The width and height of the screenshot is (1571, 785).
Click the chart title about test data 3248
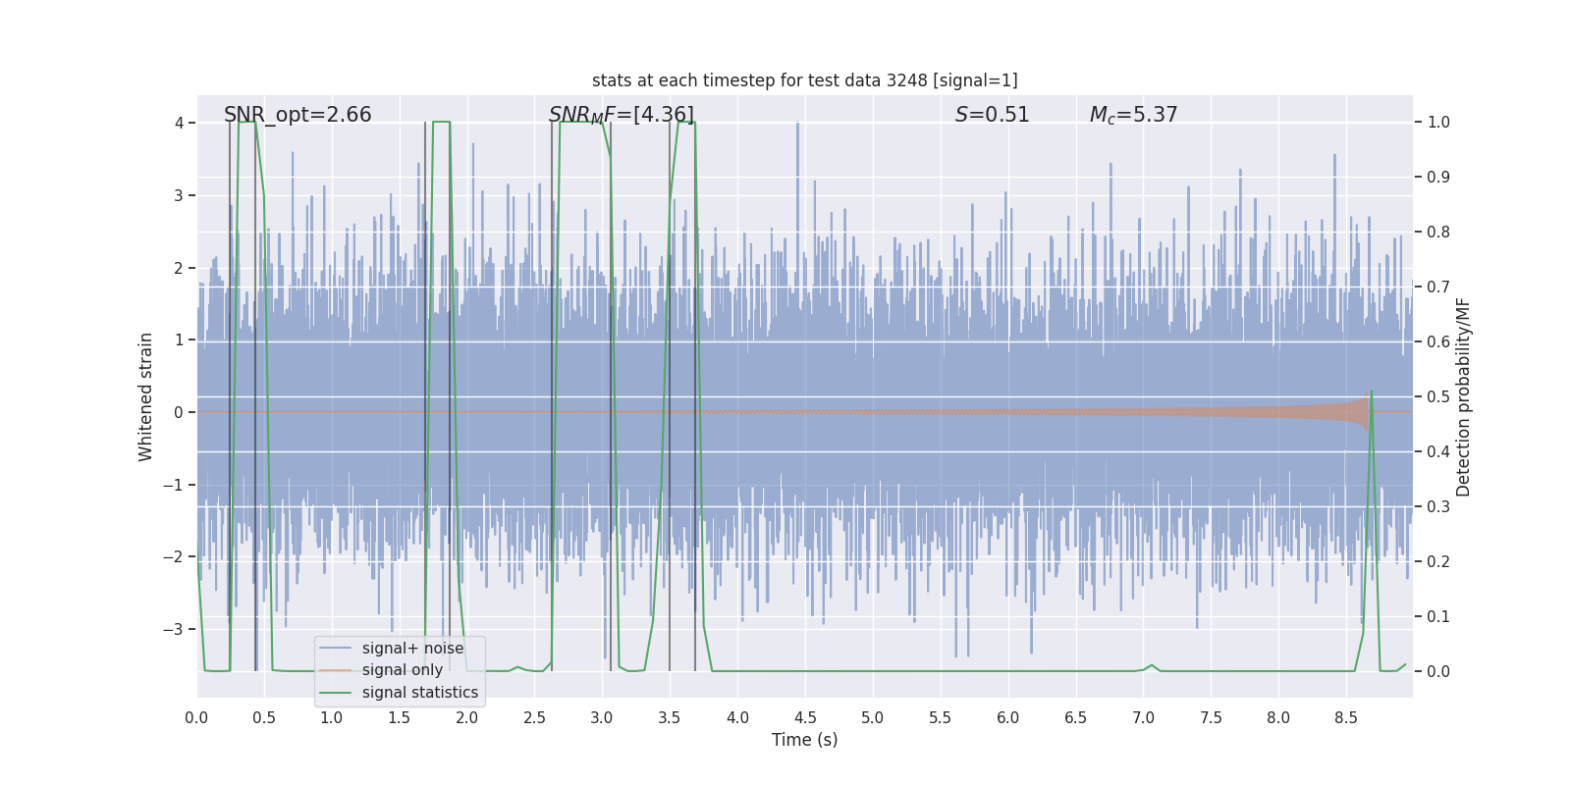(804, 80)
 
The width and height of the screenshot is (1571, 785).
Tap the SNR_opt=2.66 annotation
(298, 115)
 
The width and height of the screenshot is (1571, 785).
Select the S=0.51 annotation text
(992, 115)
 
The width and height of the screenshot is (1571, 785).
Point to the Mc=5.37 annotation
(1133, 115)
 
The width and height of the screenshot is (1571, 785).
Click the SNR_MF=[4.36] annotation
(621, 115)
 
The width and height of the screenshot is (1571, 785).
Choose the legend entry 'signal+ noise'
(412, 649)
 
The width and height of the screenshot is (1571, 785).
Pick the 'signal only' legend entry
(402, 670)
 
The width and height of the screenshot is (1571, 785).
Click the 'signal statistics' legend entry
(419, 693)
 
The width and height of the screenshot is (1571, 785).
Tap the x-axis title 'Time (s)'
(804, 740)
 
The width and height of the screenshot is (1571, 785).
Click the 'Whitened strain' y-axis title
(146, 396)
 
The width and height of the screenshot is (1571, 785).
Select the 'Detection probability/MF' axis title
(1463, 396)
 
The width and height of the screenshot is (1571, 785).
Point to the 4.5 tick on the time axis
(805, 718)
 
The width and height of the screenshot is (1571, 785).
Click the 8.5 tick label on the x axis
(1346, 718)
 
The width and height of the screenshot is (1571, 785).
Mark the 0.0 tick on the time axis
(196, 718)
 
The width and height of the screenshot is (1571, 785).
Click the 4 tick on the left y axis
(179, 123)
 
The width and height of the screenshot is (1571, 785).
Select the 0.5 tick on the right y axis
(1438, 396)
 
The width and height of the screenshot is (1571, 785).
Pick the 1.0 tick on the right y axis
(1438, 123)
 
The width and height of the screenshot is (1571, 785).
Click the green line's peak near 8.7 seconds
(1371, 392)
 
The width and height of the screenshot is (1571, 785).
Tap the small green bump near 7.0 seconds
(1152, 665)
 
